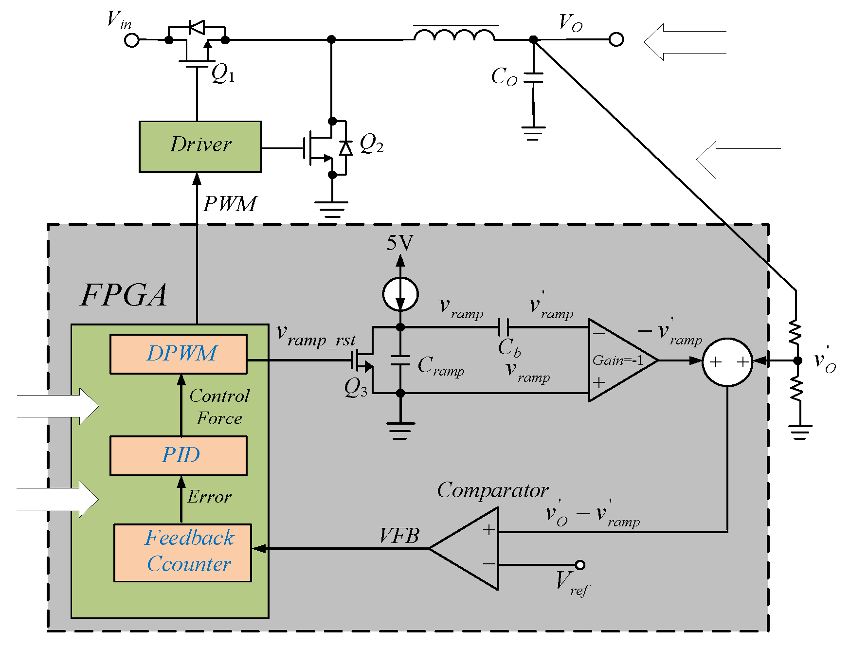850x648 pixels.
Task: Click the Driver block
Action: [200, 146]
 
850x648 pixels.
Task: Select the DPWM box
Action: [179, 354]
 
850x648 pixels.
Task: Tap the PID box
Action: [179, 455]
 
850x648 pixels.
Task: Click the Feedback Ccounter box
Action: [183, 552]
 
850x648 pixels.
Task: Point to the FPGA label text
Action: [124, 295]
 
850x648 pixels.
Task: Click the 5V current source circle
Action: [400, 294]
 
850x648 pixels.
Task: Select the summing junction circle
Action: [727, 362]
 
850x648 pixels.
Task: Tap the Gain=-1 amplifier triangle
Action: [618, 360]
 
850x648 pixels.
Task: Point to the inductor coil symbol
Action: [455, 35]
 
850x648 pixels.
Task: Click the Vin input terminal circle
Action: [132, 40]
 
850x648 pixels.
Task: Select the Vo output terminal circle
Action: [616, 39]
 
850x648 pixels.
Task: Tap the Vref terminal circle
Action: [580, 565]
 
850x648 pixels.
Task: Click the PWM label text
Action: [230, 204]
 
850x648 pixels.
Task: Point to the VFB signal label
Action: [399, 536]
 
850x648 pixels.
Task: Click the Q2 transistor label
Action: [371, 144]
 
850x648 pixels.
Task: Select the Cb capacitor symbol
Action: [504, 327]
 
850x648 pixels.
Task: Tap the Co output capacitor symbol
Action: [533, 78]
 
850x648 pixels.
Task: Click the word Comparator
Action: [492, 490]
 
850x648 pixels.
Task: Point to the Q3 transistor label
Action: [355, 388]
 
